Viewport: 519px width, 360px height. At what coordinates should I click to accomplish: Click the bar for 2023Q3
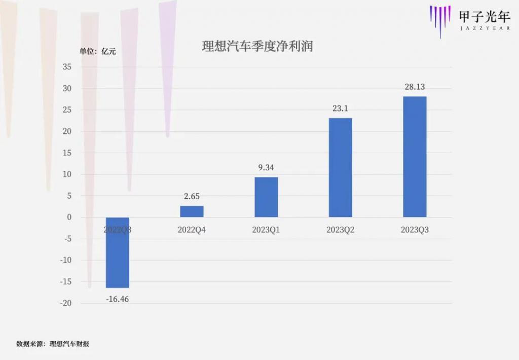415,157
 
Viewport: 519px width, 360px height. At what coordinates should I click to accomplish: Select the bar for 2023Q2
340,167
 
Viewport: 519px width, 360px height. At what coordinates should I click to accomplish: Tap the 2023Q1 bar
266,197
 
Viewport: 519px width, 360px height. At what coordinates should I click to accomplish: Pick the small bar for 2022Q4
192,211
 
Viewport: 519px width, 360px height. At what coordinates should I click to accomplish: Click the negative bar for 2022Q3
118,253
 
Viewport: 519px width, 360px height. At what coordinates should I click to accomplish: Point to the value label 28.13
415,87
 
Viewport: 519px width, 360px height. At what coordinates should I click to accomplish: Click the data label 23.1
340,109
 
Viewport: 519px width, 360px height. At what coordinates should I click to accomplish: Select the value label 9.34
266,168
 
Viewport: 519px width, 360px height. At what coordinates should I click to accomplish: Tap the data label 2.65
192,196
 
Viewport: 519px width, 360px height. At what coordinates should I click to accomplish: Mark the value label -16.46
118,299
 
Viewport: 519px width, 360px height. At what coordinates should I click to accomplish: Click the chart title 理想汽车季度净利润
257,47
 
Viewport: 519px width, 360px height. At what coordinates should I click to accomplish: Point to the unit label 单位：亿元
97,51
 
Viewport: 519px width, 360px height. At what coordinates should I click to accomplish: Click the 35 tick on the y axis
67,67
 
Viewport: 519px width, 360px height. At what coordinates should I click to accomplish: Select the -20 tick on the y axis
65,303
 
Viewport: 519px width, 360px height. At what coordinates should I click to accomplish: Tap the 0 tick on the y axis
69,217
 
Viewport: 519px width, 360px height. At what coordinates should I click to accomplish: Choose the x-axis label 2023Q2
340,230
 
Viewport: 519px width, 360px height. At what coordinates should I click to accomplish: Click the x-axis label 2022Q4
192,230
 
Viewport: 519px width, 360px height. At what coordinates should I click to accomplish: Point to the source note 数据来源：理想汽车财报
53,344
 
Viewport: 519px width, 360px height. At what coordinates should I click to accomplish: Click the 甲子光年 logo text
484,16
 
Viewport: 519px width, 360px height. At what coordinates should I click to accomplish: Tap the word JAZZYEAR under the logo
484,28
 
